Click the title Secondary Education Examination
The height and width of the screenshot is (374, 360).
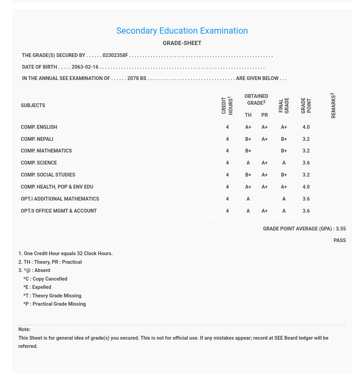(x=182, y=31)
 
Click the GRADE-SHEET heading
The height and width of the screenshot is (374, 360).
(x=182, y=43)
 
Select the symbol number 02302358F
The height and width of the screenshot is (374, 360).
(x=115, y=55)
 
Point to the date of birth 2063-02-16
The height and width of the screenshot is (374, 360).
(x=85, y=67)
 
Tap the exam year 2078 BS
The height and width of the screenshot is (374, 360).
(x=137, y=78)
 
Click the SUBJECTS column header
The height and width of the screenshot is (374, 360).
(x=33, y=105)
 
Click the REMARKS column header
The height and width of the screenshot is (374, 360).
(x=333, y=105)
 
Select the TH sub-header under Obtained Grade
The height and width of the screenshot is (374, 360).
(x=248, y=115)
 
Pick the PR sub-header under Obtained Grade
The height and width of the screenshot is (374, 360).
(x=264, y=115)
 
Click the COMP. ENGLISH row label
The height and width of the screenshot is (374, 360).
(x=39, y=127)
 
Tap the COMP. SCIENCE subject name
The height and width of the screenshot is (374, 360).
(x=39, y=163)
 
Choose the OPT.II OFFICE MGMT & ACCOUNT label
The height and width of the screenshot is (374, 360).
(x=59, y=211)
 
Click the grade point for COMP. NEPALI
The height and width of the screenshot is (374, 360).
(x=306, y=139)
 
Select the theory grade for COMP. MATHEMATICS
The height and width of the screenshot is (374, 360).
(x=248, y=151)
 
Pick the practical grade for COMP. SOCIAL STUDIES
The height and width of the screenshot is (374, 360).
(x=264, y=175)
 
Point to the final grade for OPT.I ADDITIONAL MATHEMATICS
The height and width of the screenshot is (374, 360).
(x=284, y=199)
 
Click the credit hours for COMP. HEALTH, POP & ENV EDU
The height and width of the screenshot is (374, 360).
(x=227, y=187)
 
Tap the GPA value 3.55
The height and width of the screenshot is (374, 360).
(x=341, y=229)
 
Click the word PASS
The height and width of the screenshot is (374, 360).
(x=339, y=240)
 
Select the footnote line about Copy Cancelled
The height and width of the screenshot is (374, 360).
(x=45, y=279)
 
